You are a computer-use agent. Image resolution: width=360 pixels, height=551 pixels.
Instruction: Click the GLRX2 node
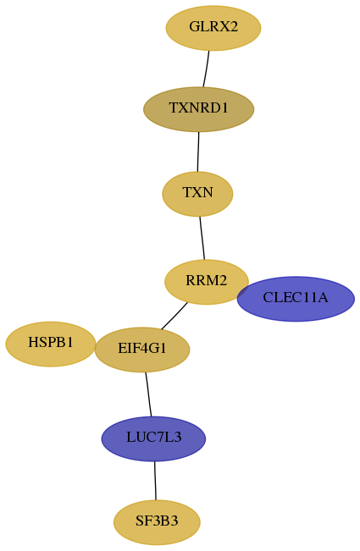[x=213, y=28]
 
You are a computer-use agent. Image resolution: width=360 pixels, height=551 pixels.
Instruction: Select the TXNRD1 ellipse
[x=198, y=109]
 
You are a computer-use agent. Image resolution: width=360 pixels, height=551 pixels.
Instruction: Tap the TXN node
[x=197, y=194]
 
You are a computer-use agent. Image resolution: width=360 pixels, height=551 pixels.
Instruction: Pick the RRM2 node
[x=207, y=282]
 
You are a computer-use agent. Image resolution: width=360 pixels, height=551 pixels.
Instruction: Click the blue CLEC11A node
[x=296, y=299]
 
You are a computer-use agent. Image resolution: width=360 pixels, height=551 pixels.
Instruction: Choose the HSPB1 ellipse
[x=51, y=344]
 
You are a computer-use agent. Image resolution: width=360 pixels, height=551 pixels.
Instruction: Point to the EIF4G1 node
[x=142, y=350]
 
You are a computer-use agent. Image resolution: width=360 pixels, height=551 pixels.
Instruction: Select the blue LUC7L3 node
[x=153, y=438]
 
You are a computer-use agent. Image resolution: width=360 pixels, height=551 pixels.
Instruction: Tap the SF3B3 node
[x=157, y=522]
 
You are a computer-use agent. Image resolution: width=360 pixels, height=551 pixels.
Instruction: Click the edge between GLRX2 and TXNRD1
[x=206, y=69]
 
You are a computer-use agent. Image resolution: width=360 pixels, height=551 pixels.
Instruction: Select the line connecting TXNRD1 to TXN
[x=198, y=152]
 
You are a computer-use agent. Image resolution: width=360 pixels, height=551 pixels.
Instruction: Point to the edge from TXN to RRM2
[x=202, y=238]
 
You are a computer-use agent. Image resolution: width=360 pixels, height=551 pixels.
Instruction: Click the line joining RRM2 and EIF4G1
[x=174, y=317]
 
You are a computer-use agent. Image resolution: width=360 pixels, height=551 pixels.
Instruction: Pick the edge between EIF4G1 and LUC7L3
[x=148, y=394]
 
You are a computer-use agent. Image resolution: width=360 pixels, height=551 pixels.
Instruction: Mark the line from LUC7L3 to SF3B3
[x=155, y=481]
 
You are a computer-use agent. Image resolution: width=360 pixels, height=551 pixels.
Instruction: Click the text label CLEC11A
[x=296, y=298]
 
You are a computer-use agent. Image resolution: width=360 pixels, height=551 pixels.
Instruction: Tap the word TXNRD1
[x=198, y=107]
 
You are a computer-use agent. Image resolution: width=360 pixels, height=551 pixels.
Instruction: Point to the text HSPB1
[x=51, y=342]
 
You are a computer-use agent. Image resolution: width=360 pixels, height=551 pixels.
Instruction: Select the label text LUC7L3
[x=153, y=437]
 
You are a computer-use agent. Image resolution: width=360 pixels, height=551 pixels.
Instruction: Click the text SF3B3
[x=157, y=521]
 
